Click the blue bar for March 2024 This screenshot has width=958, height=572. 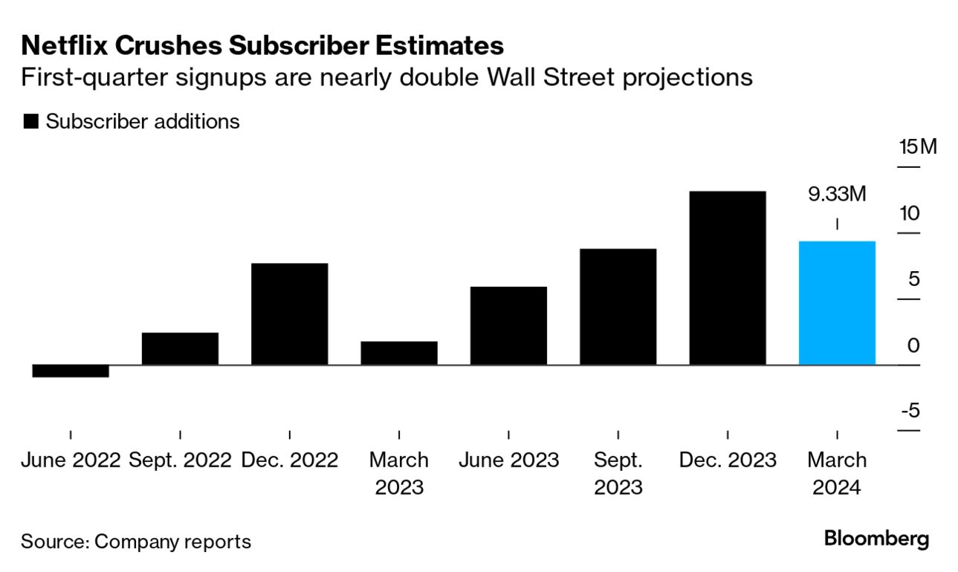pos(837,303)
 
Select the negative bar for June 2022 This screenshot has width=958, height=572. pos(71,371)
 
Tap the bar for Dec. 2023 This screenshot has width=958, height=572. pos(728,278)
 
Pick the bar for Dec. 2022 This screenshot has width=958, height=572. pos(290,314)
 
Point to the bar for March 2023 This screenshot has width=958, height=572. pos(399,353)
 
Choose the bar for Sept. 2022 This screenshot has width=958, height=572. pos(180,348)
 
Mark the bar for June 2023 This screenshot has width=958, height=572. pos(508,325)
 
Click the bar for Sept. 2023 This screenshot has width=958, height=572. pos(618,307)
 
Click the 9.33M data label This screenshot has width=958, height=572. pos(837,195)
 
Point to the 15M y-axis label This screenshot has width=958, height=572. pos(918,146)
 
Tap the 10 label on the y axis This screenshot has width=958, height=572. pos(908,213)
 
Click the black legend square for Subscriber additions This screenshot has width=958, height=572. pos(30,122)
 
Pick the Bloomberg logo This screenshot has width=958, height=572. pos(876,539)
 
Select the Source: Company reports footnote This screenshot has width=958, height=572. pos(136,542)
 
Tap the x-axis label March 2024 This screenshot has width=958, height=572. pos(837,473)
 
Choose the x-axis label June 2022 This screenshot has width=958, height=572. pos(71,460)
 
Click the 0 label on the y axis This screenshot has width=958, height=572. pos(913,345)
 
